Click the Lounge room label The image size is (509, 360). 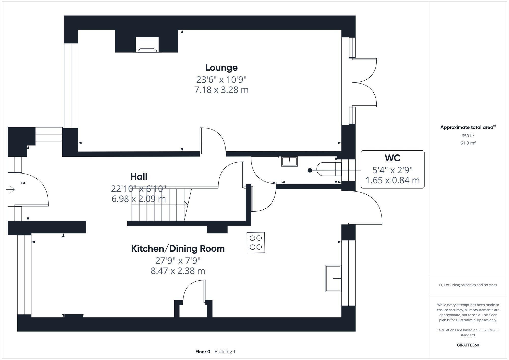pyautogui.click(x=221, y=68)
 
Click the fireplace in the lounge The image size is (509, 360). pyautogui.click(x=147, y=45)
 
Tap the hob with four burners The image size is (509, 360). pyautogui.click(x=256, y=242)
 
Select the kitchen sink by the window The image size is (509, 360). pyautogui.click(x=333, y=279)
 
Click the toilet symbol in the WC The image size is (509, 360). pyautogui.click(x=329, y=169)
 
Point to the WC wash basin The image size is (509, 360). pyautogui.click(x=289, y=162)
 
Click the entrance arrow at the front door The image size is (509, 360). pyautogui.click(x=10, y=190)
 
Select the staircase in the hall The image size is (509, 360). pyautogui.click(x=159, y=205)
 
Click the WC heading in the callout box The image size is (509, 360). pyautogui.click(x=392, y=158)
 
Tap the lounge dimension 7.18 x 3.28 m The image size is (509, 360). pyautogui.click(x=221, y=90)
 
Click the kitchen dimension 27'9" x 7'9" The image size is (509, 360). pyautogui.click(x=178, y=261)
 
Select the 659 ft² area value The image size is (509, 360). pyautogui.click(x=468, y=136)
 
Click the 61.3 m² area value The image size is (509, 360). pyautogui.click(x=468, y=143)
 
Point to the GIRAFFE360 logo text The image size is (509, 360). pyautogui.click(x=468, y=345)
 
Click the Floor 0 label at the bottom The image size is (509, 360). pyautogui.click(x=203, y=352)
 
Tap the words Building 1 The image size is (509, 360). pyautogui.click(x=225, y=352)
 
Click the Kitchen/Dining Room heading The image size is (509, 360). pyautogui.click(x=178, y=249)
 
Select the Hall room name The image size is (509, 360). pyautogui.click(x=139, y=177)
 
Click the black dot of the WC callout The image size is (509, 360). pyautogui.click(x=310, y=170)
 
